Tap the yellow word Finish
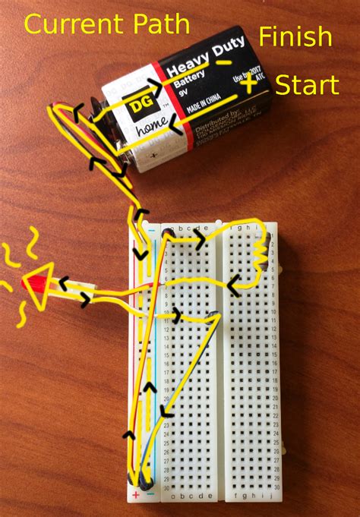coord(295,36)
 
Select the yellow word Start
coord(307,84)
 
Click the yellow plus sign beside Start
coord(249,85)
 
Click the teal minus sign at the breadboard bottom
coord(150,496)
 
